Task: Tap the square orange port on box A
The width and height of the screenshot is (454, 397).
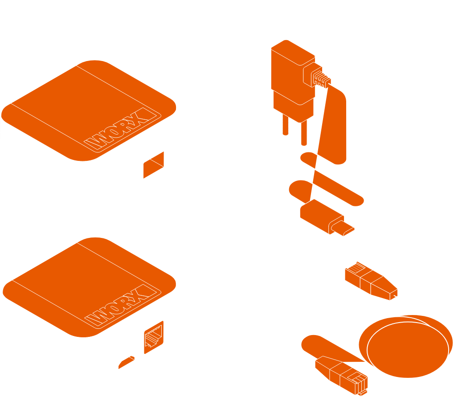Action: (x=153, y=165)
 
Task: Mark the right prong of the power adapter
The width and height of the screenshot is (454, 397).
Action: (x=303, y=134)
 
